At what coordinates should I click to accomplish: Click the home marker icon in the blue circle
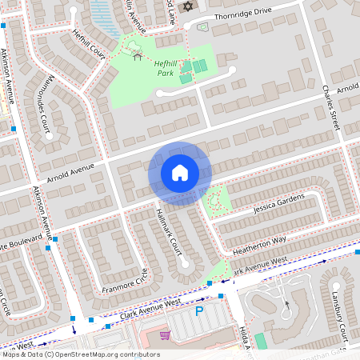179,173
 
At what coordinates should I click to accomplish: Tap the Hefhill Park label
165,68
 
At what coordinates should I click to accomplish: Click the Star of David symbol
189,6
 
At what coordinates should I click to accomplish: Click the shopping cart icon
165,335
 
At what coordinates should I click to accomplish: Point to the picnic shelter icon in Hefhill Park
138,55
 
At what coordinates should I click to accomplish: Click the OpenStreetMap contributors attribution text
80,354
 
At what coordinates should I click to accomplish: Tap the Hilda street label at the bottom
243,337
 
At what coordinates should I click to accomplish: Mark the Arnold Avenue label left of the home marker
70,170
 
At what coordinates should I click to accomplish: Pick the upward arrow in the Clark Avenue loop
286,304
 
